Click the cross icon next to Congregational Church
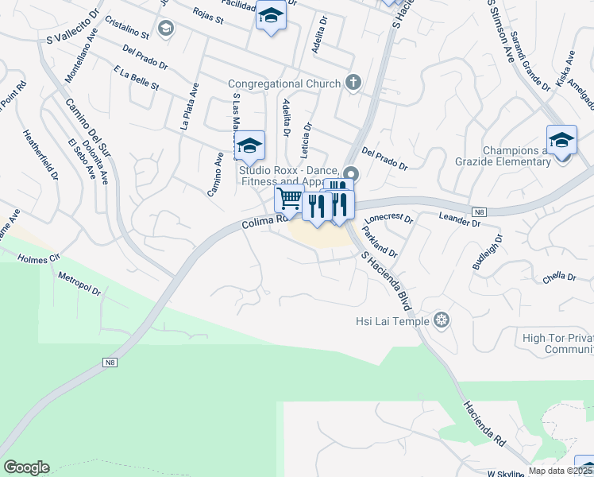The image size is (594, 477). pyautogui.click(x=353, y=83)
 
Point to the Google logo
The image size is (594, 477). pyautogui.click(x=26, y=467)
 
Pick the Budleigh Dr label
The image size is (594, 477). pyautogui.click(x=488, y=252)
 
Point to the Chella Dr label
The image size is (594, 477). pyautogui.click(x=559, y=277)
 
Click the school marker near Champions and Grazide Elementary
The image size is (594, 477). pyautogui.click(x=561, y=139)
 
